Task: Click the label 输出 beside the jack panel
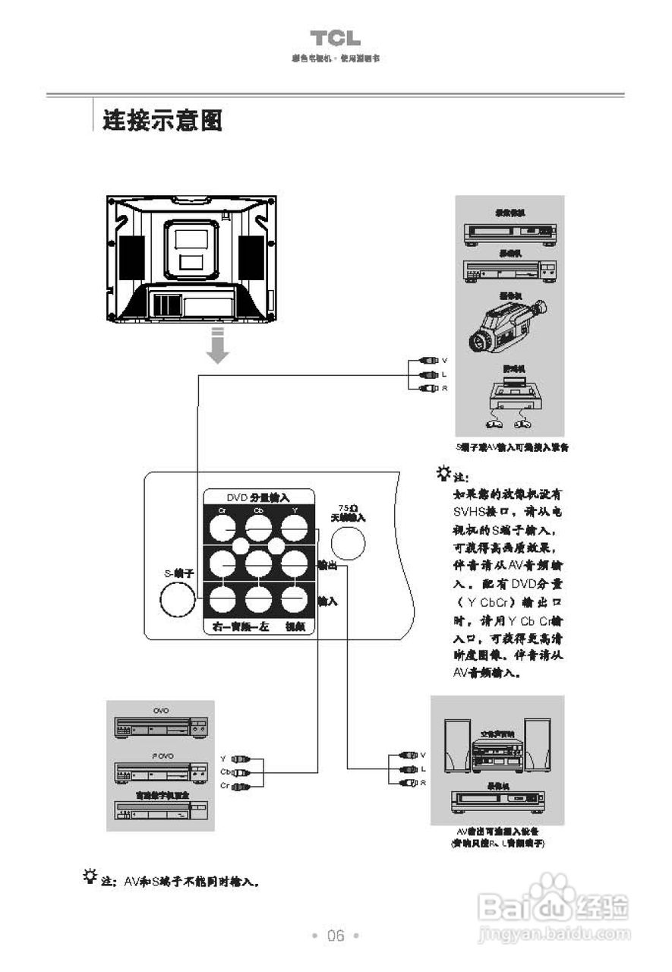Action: click(x=328, y=565)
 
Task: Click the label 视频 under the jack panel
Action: click(x=295, y=627)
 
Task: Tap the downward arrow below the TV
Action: click(x=218, y=347)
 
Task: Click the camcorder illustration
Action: click(x=504, y=325)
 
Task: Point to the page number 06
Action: click(x=336, y=936)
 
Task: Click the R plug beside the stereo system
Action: click(x=409, y=783)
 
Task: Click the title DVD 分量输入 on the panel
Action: click(x=258, y=497)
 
